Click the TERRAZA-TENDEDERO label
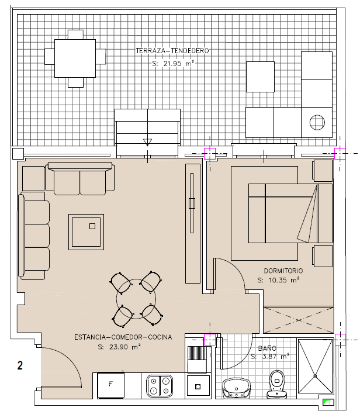point(172,51)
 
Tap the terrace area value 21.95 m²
point(172,64)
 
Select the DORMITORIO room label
point(283,271)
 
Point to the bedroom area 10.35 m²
point(278,280)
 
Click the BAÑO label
point(267,348)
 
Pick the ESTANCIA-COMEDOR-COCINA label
point(123,337)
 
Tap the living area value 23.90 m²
point(119,347)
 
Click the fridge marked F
point(110,385)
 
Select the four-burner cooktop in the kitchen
point(160,386)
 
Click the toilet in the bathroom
point(277,384)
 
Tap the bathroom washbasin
point(236,388)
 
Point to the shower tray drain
point(315,375)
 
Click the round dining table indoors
point(136,299)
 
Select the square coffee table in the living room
point(86,232)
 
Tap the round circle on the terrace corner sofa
point(317,123)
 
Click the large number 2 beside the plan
point(20,365)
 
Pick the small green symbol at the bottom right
point(328,402)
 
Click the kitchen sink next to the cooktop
point(198,386)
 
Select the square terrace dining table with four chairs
point(75,58)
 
